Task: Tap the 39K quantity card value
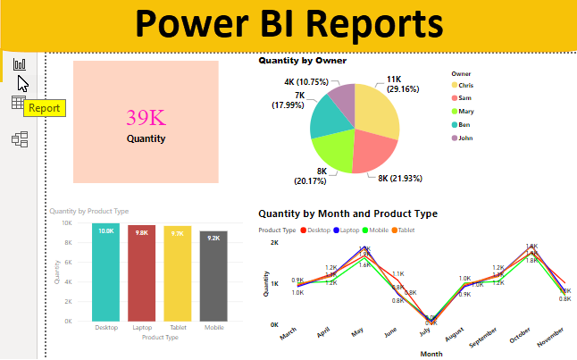145,118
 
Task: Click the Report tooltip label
45,108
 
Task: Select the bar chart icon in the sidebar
19,64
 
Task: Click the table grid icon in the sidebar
19,103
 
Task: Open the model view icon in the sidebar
19,139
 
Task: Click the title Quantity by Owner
302,61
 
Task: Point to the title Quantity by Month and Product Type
347,213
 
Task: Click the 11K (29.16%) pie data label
405,84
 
